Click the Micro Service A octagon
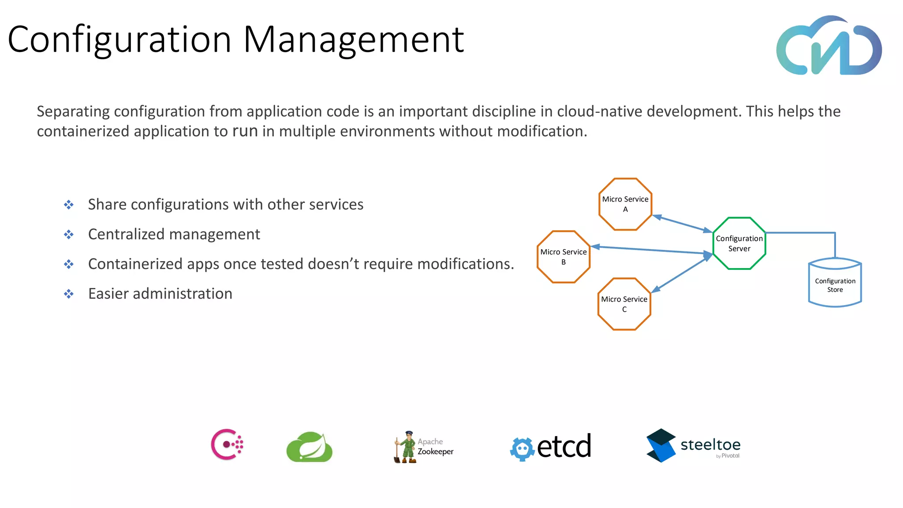(x=625, y=204)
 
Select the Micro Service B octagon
(x=563, y=257)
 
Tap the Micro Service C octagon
(x=624, y=304)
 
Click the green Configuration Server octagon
(x=739, y=243)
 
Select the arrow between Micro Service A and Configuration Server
(x=682, y=224)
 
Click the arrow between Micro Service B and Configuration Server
(x=652, y=250)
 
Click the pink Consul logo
(x=227, y=444)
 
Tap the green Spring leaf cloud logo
(x=310, y=447)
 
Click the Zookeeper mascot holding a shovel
(x=406, y=447)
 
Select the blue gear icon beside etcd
(x=522, y=449)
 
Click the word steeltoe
(x=710, y=444)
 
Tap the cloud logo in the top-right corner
(x=829, y=46)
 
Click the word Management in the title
(x=353, y=40)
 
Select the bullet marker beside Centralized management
(x=69, y=234)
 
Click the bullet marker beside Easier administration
(x=69, y=294)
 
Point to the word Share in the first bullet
(x=107, y=205)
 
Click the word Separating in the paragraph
(x=73, y=112)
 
